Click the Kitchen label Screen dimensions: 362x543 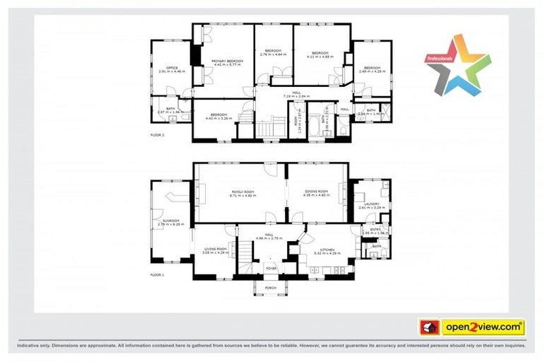pyautogui.click(x=326, y=250)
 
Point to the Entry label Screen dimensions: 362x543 pyautogui.click(x=374, y=229)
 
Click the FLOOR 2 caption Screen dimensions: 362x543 pyautogui.click(x=158, y=134)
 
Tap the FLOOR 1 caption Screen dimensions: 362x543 pyautogui.click(x=158, y=274)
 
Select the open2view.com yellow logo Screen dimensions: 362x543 pyautogui.click(x=484, y=327)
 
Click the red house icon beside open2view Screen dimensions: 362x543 pyautogui.click(x=429, y=327)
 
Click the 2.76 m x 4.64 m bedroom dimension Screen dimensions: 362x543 pyautogui.click(x=273, y=54)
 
